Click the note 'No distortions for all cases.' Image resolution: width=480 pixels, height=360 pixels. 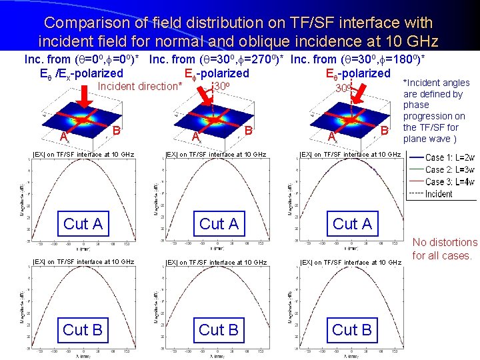pos(445,249)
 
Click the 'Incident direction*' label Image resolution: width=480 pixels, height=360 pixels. pos(140,86)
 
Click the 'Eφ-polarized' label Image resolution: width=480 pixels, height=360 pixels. pos(216,73)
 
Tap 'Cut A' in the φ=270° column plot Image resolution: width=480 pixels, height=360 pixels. pos(219,224)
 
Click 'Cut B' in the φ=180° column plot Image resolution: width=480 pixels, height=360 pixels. pos(352,330)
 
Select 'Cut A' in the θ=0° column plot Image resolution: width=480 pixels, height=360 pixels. pos(83,224)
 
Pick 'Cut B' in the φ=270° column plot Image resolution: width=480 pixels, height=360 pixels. pos(219,330)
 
